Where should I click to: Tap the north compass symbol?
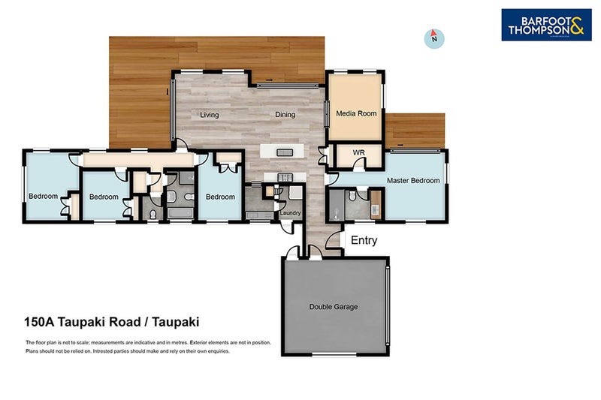tap(433, 38)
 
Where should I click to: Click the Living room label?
tap(209, 115)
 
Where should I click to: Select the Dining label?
tap(285, 115)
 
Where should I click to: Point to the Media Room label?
tap(356, 113)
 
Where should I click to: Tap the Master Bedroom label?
tap(413, 181)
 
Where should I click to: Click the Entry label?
tap(364, 241)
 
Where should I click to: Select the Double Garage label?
tap(334, 307)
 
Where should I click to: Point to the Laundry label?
tap(290, 213)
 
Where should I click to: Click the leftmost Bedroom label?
tap(44, 197)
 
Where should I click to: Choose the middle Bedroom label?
tap(104, 197)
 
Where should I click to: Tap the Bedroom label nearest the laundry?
tap(220, 197)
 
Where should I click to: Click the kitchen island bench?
tap(284, 152)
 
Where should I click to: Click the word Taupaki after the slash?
tap(176, 323)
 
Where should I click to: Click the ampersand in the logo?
tap(575, 29)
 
